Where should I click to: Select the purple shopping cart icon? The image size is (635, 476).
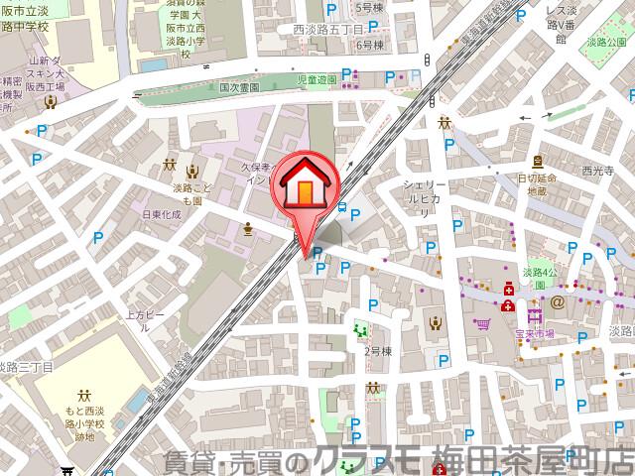(483, 321)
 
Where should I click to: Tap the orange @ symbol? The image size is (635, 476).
(558, 300)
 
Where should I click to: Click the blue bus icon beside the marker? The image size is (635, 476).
(342, 207)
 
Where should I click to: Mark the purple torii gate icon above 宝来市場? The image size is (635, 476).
(537, 316)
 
